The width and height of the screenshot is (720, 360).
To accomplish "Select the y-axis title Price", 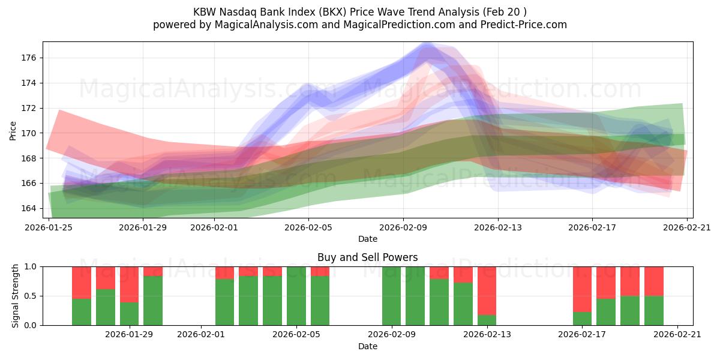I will click(x=13, y=130).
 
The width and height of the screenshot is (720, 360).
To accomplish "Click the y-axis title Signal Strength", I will click(x=16, y=296).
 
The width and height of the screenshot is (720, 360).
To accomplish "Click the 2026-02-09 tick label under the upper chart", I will click(x=403, y=227).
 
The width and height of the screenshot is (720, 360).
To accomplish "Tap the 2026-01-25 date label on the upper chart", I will click(x=49, y=227).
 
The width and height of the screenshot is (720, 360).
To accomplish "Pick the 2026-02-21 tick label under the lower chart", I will click(x=677, y=335).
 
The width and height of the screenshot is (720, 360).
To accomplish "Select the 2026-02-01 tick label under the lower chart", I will click(x=201, y=335).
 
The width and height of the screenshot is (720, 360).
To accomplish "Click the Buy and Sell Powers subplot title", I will click(x=367, y=257).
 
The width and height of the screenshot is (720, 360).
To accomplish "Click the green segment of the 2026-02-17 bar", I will click(x=582, y=318).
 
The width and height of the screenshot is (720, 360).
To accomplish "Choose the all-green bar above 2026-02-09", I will click(x=391, y=296).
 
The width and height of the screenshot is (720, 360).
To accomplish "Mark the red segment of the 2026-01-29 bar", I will click(x=129, y=284).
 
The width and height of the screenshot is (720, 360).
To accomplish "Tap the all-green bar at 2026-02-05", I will click(x=296, y=296).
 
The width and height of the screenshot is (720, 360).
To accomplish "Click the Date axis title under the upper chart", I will click(x=367, y=239).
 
